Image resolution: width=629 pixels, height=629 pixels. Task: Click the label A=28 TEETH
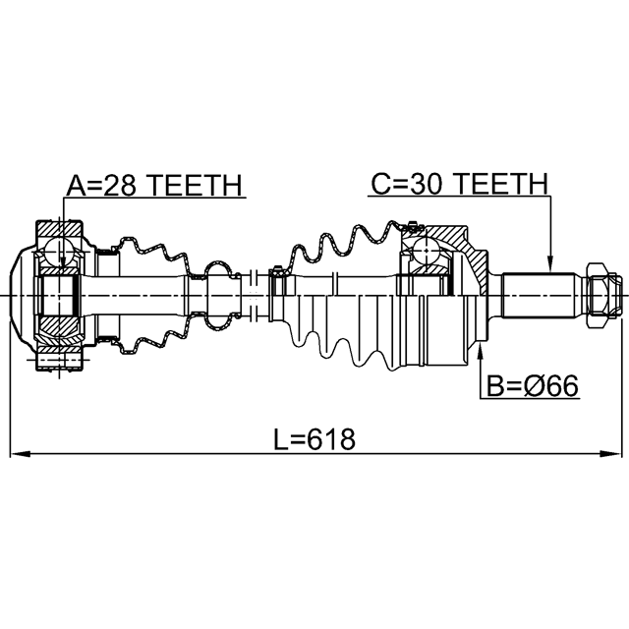tap(154, 186)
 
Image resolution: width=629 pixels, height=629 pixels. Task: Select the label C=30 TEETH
tap(459, 184)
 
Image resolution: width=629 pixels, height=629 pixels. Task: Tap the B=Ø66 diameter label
tap(533, 386)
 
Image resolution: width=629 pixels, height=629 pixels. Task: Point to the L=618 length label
tap(314, 439)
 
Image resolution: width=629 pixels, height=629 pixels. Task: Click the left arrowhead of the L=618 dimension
tap(20, 454)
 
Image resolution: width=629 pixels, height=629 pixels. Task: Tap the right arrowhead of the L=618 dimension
tap(609, 454)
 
